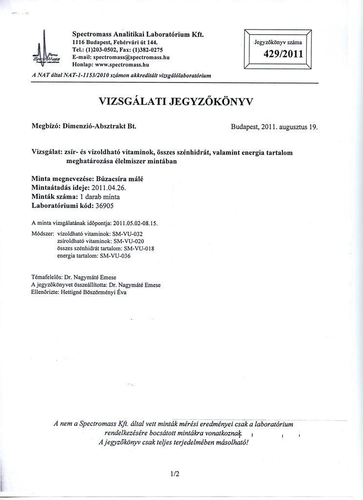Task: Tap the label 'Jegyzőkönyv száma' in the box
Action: (278, 42)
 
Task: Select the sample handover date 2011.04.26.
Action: (115, 188)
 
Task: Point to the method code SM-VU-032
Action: (136, 234)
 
